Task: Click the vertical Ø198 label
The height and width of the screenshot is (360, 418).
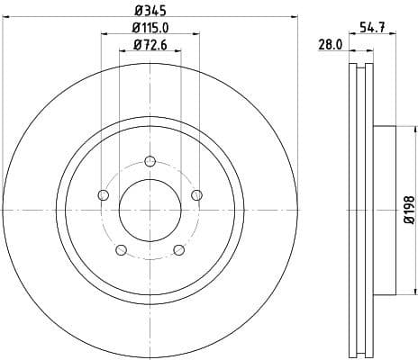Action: (x=408, y=210)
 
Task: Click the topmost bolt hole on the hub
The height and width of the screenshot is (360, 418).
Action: (x=149, y=162)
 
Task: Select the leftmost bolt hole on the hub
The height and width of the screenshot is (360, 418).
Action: (x=103, y=195)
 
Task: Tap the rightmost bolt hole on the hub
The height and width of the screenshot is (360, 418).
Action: (x=195, y=195)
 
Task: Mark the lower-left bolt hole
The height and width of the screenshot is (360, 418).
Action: (x=121, y=249)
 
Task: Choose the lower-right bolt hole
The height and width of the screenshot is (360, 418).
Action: (x=177, y=249)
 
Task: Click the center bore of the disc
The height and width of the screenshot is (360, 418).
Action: (x=149, y=210)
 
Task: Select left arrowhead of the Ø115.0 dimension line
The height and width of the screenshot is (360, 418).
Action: (x=104, y=36)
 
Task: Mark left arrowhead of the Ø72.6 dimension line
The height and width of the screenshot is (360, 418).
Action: (x=121, y=52)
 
